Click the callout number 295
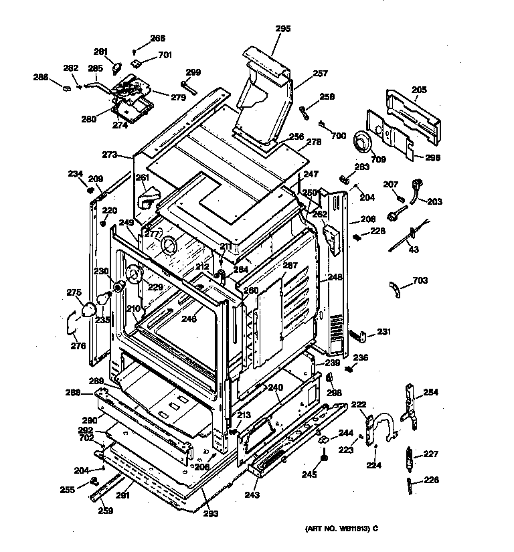pos(283,28)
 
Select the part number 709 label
pos(359,159)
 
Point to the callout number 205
pos(419,89)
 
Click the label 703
pos(420,280)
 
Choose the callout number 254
pos(430,392)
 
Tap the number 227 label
pos(430,454)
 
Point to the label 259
pos(106,511)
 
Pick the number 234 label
pos(75,174)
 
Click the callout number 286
pos(41,78)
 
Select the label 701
pos(165,55)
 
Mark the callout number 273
pos(110,155)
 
